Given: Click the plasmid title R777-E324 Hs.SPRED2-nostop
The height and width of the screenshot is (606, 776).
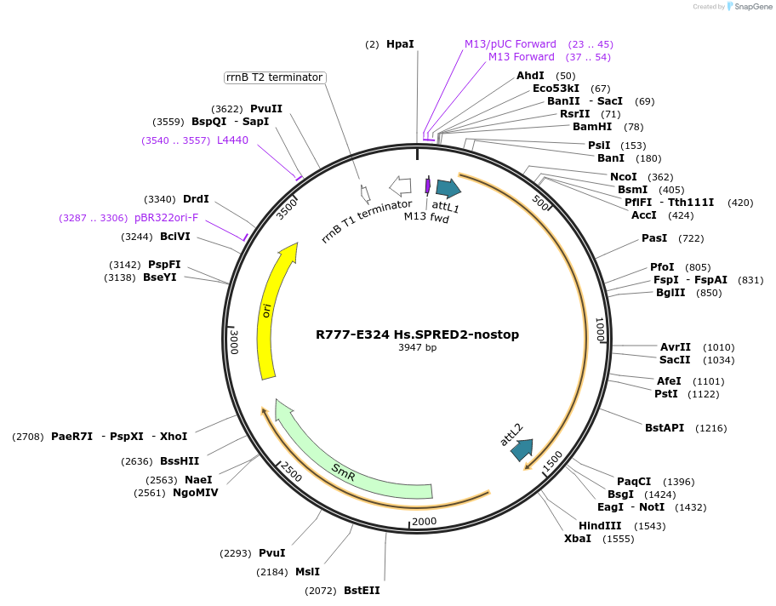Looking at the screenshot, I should [x=417, y=334].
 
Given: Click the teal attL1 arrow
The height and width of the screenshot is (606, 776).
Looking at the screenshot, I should [x=448, y=188].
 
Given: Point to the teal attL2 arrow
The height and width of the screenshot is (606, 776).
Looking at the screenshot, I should [x=522, y=449].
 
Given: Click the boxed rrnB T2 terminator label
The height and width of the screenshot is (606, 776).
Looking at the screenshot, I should [x=275, y=77].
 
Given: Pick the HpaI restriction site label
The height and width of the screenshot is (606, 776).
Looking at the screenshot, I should [x=400, y=43].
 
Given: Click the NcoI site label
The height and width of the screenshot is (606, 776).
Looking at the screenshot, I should [x=623, y=177].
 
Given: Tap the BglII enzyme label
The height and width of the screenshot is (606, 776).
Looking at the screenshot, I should [x=670, y=293].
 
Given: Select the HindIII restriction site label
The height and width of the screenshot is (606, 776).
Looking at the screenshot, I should [x=600, y=525].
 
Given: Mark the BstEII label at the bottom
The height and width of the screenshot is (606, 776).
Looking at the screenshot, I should [x=362, y=590].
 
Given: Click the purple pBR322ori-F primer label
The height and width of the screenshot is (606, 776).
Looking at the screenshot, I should [x=166, y=218].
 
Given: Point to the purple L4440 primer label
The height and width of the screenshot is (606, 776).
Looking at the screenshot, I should [x=232, y=140].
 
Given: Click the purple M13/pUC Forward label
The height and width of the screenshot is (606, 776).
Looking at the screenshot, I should [x=510, y=43].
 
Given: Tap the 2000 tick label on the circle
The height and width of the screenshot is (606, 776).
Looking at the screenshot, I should [x=424, y=522].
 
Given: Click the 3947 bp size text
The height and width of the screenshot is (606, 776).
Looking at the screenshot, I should [x=417, y=348].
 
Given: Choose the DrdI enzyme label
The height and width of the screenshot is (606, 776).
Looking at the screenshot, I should [x=196, y=199].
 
